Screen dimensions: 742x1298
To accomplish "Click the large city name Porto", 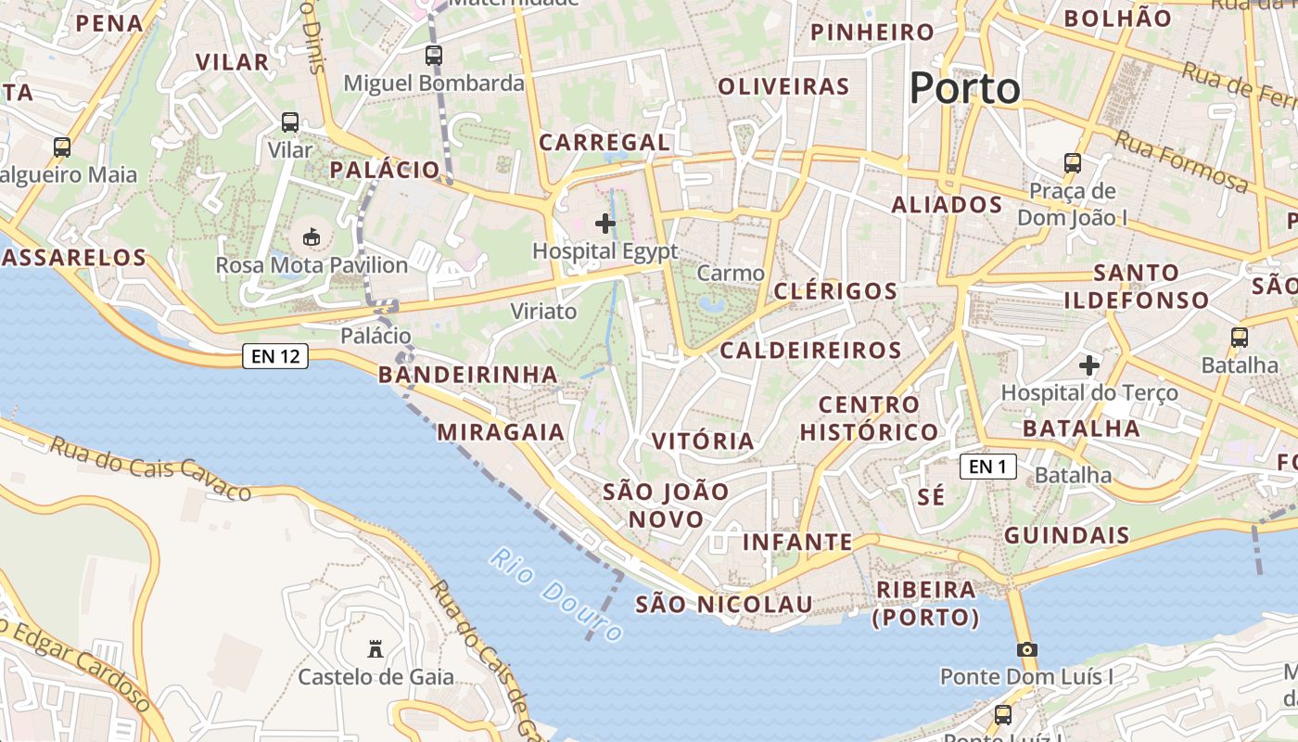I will pos(964,89).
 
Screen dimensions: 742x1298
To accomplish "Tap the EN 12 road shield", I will pos(275,356).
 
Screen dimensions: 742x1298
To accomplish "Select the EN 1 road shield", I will pos(987,467).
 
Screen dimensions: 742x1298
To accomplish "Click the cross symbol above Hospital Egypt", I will pos(605,224).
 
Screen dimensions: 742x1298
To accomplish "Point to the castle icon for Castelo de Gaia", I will pos(375,649).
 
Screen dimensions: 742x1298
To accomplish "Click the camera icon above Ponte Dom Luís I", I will pos(1026,649).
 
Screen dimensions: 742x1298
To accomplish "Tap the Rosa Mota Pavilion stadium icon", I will pos(312,237).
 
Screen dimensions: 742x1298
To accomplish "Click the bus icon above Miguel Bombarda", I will pos(433,56).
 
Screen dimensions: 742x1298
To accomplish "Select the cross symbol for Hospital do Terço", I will pos(1089,365).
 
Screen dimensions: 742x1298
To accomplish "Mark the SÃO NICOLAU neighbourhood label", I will pos(724,605).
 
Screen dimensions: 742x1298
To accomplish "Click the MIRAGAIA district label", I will pos(501,432).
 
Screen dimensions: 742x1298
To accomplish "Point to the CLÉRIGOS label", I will pos(835,291).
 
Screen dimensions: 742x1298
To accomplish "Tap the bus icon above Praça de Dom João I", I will pos(1072,163).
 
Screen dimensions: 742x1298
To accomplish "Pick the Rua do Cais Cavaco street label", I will pos(150,467).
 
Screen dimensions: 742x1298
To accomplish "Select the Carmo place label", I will pos(731,273).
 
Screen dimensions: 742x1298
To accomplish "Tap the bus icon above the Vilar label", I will pos(290,122).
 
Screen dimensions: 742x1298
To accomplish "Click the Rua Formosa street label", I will pos(1180,160).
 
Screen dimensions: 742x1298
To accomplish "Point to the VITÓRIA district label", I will pos(703,441).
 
